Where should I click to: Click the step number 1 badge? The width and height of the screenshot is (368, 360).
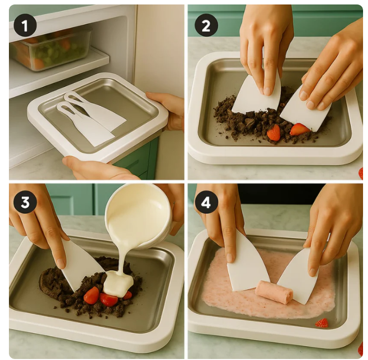click(x=25, y=25)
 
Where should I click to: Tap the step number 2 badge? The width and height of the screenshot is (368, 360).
click(x=206, y=25)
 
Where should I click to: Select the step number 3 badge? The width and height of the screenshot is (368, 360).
click(x=25, y=202)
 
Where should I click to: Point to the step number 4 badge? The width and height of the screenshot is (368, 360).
click(x=206, y=202)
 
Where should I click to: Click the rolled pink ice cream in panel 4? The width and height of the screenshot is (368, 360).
click(x=274, y=292)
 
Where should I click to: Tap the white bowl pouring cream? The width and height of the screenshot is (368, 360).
click(x=139, y=216)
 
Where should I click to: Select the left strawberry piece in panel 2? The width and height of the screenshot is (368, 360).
click(x=274, y=133)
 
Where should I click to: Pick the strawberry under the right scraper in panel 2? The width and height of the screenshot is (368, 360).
click(x=300, y=129)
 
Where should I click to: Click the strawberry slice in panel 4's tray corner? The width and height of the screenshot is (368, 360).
click(x=321, y=323)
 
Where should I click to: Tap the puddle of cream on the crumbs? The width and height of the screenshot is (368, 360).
click(x=118, y=283)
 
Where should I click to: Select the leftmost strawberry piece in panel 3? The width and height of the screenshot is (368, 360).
click(x=92, y=296)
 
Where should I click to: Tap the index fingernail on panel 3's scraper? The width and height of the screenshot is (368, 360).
click(x=61, y=263)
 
